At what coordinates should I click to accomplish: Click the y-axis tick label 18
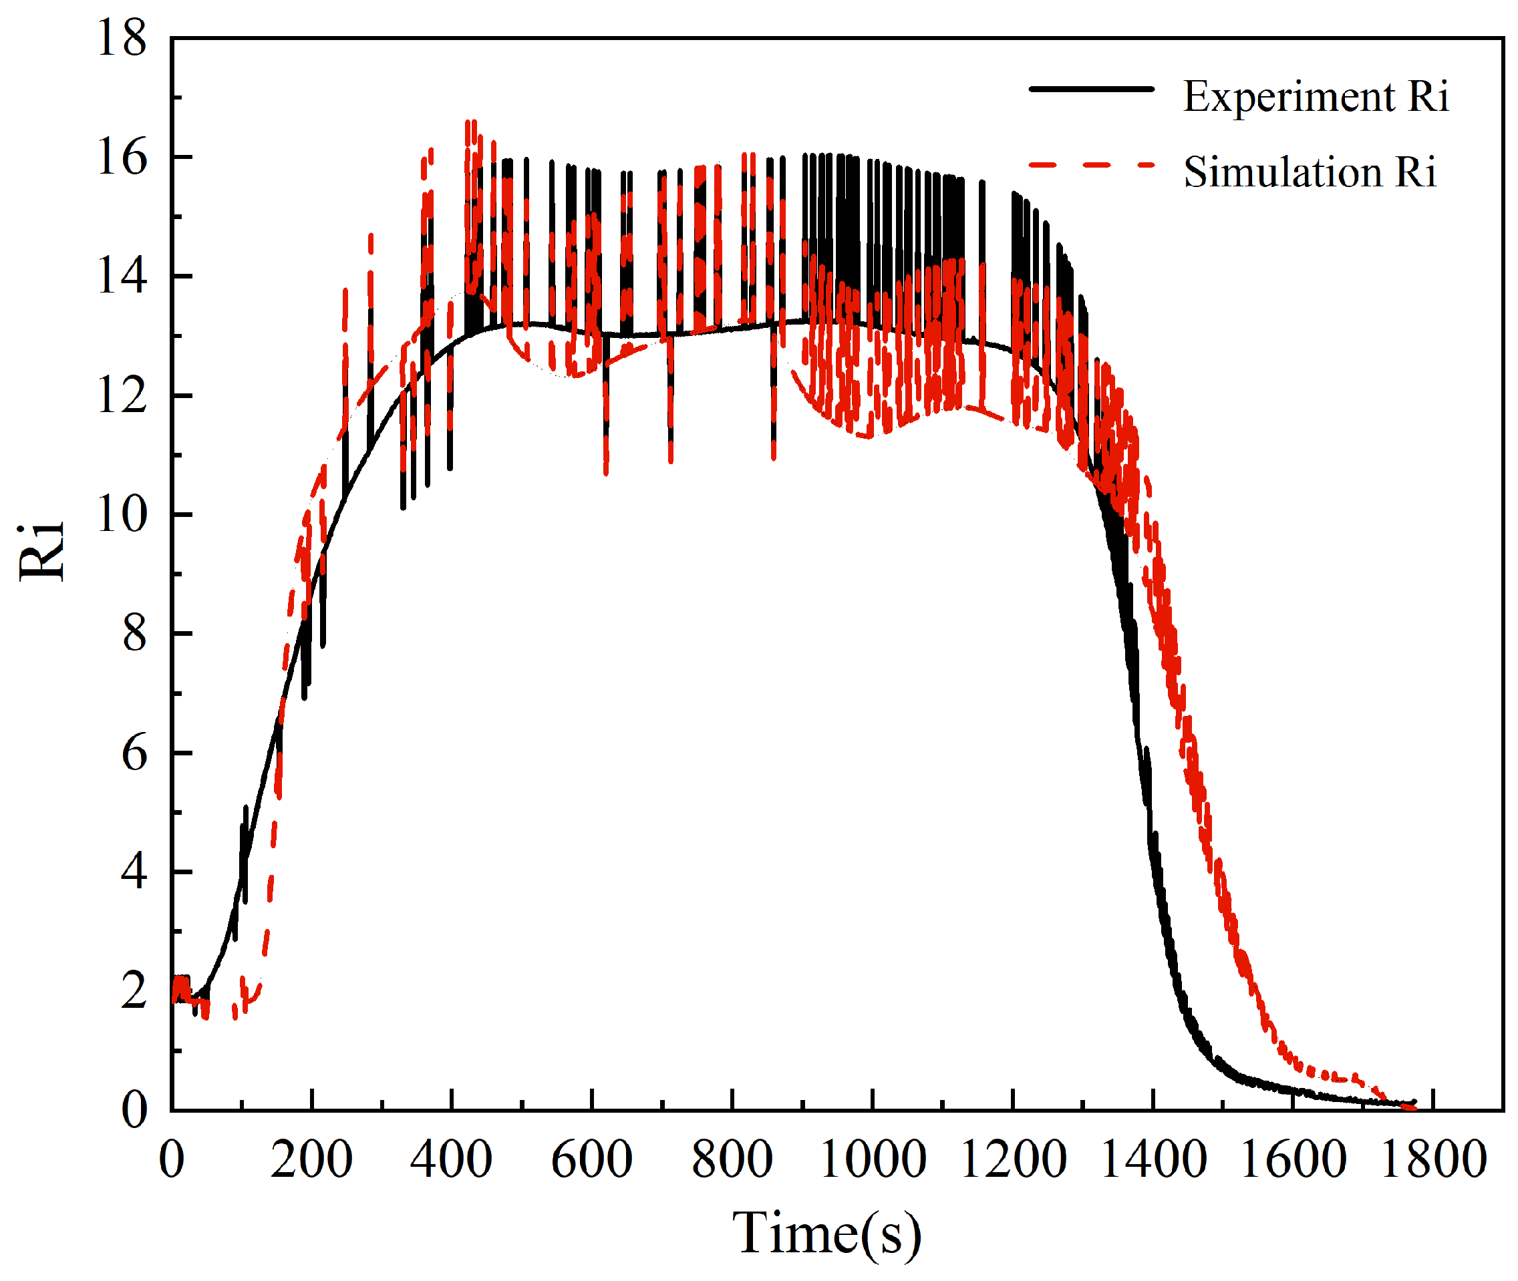click(122, 39)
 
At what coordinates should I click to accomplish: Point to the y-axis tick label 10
click(122, 515)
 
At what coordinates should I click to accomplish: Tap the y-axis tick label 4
click(134, 872)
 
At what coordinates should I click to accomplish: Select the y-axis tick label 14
click(122, 277)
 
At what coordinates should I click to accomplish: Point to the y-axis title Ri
click(41, 554)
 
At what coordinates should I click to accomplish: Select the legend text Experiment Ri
click(1316, 97)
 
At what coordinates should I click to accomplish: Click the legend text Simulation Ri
click(1310, 173)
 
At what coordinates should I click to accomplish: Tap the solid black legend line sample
click(1091, 89)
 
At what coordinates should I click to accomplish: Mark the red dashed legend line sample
click(1091, 166)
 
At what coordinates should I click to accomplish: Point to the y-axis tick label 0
click(134, 1110)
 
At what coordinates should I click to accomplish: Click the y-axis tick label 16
click(122, 158)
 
